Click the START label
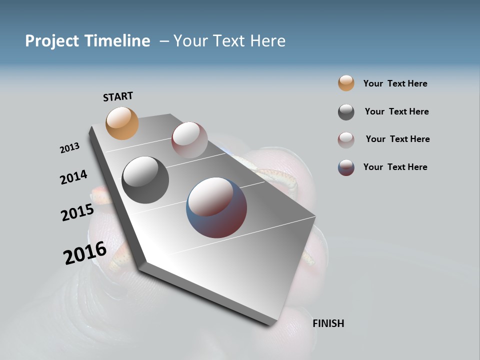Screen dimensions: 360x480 tap(118, 96)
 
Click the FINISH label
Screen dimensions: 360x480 tap(328, 323)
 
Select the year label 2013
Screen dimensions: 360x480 tap(69, 148)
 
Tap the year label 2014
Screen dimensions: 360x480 tap(73, 177)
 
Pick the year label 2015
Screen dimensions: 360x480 tap(77, 212)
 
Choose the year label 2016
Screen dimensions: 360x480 tap(84, 253)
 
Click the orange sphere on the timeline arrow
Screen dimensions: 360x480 tap(122, 123)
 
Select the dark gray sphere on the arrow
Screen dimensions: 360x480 tap(145, 180)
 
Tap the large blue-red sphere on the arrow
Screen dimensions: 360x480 tap(216, 207)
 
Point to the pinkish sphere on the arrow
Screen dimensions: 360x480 tap(189, 140)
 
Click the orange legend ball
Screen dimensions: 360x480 tap(346, 83)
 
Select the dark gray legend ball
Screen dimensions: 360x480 tap(346, 112)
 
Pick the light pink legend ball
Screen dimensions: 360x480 tap(346, 140)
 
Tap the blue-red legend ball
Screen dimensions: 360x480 tap(346, 167)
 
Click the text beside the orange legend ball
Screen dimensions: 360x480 tap(395, 83)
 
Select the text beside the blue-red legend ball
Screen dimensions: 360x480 tap(395, 167)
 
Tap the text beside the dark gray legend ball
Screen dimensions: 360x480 tap(396, 111)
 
